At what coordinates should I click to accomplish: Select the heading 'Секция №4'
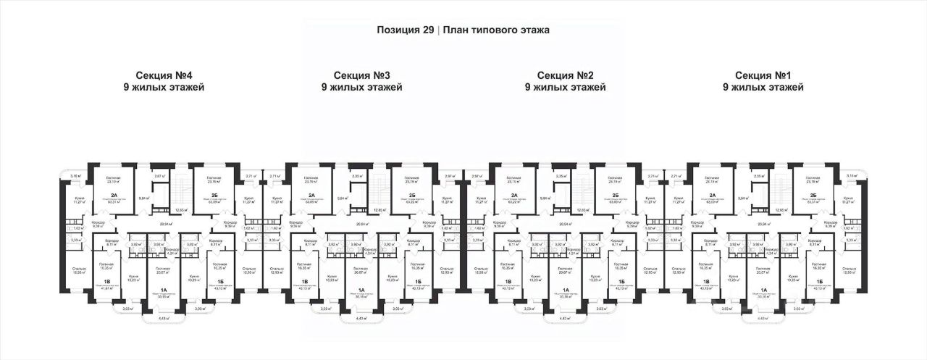[x=164, y=75]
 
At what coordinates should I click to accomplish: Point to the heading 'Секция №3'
[x=362, y=75]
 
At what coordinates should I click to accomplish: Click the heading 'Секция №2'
[x=566, y=75]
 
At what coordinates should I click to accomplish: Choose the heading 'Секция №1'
[x=763, y=75]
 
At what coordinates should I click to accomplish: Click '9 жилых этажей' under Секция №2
[x=566, y=88]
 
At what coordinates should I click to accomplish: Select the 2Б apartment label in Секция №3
[x=411, y=196]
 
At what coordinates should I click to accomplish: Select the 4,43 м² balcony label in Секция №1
[x=762, y=318]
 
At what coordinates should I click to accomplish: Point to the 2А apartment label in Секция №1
[x=712, y=196]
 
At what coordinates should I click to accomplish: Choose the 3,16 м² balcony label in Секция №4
[x=75, y=176]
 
